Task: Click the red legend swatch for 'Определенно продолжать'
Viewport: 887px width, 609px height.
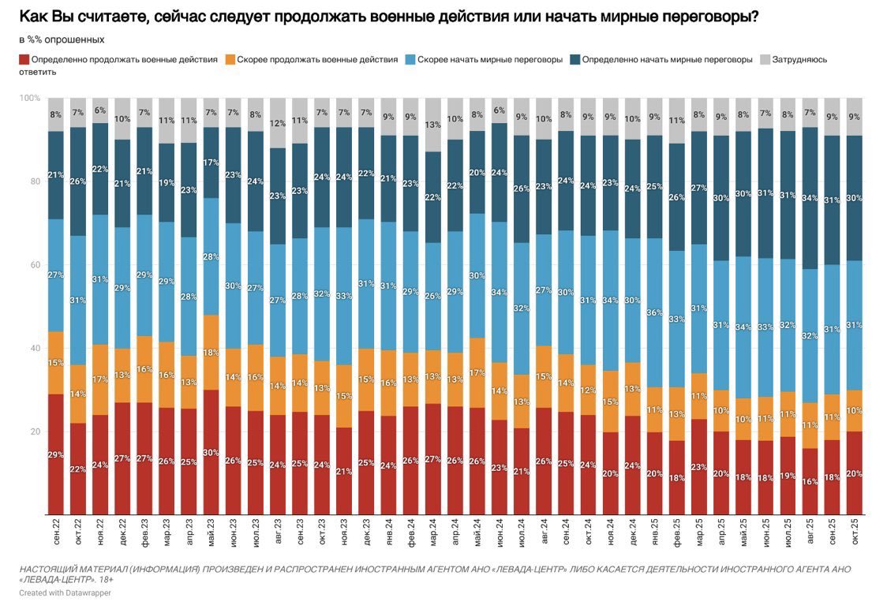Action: coord(24,59)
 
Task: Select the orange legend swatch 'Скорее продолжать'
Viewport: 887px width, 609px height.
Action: coord(230,59)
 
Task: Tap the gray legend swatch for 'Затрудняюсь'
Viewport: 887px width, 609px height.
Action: coord(765,59)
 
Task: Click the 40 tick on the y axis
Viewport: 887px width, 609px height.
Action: coord(36,349)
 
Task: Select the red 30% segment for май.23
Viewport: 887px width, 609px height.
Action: coord(211,452)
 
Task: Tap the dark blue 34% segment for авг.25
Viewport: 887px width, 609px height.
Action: coord(810,198)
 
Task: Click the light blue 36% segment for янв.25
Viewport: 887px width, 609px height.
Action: coord(654,312)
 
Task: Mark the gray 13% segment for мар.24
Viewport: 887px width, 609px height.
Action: coord(432,125)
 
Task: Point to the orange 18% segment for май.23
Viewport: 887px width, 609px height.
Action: coord(211,353)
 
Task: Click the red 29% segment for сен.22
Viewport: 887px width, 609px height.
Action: coord(55,454)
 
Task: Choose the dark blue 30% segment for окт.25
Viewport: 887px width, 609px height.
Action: coord(854,198)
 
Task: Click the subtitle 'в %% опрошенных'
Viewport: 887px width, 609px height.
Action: coord(62,39)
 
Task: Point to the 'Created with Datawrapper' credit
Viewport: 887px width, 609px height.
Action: coord(65,592)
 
